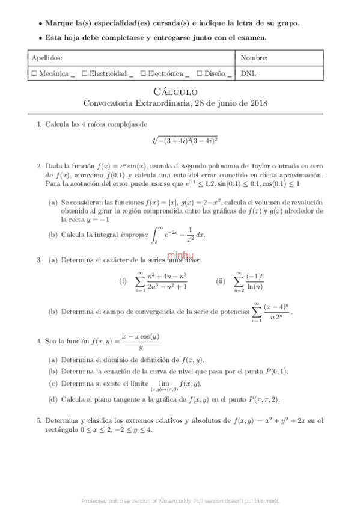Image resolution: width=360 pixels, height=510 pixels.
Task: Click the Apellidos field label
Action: click(x=46, y=58)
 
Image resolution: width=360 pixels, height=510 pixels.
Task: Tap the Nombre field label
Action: click(x=254, y=58)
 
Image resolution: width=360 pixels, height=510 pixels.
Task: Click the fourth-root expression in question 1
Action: click(x=185, y=140)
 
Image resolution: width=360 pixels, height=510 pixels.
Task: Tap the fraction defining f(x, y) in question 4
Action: click(x=141, y=342)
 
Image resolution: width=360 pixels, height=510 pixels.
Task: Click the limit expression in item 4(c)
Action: click(x=175, y=385)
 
